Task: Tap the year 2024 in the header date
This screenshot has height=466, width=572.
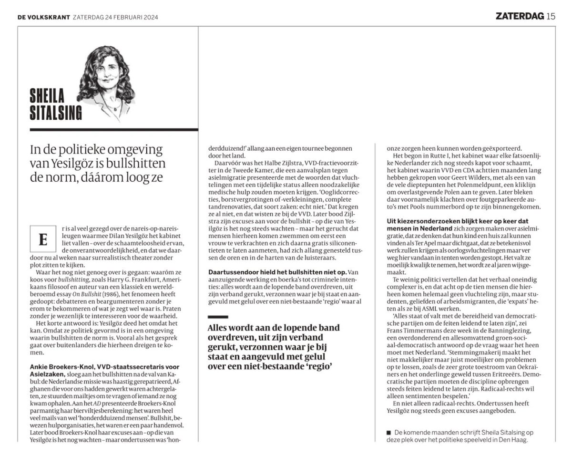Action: pyautogui.click(x=149, y=18)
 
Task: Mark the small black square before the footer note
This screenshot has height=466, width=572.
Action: pyautogui.click(x=389, y=432)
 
